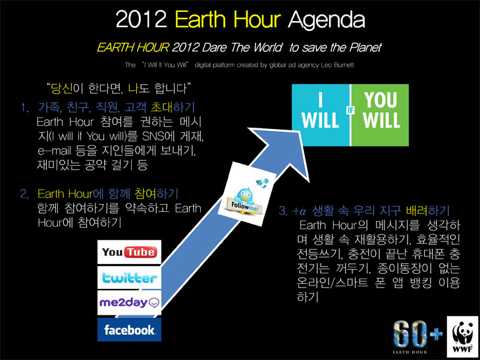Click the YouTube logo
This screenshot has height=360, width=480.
[x=129, y=252]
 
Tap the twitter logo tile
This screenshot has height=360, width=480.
[x=129, y=278]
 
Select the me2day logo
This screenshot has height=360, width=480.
[x=129, y=303]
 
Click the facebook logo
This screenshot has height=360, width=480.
[x=129, y=330]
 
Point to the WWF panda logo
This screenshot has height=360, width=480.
[x=463, y=337]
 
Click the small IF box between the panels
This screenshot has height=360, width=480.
[x=350, y=110]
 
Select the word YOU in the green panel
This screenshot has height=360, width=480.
[x=381, y=100]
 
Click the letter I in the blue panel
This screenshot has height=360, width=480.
[x=320, y=100]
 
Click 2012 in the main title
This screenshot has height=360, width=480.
[x=141, y=20]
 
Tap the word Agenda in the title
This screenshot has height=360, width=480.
[x=327, y=20]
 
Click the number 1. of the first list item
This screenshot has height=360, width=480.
[x=25, y=108]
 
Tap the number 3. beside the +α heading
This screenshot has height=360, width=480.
[x=283, y=211]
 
